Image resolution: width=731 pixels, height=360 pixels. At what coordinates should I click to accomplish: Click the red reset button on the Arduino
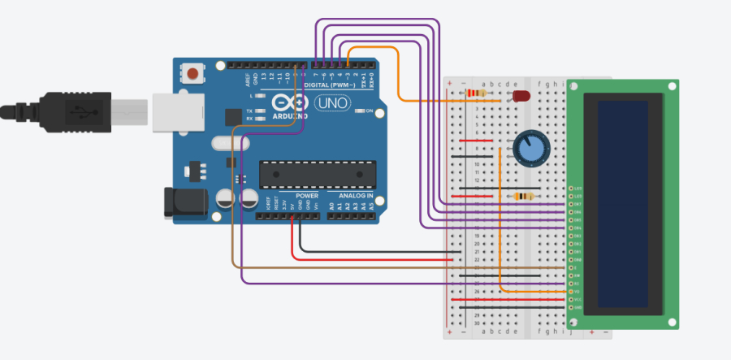coord(193,75)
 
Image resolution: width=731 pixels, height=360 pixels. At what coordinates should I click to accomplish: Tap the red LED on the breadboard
coord(521,97)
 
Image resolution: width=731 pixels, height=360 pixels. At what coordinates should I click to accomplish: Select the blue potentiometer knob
coord(528,149)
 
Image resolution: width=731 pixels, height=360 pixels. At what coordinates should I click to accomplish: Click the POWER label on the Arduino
coord(307,196)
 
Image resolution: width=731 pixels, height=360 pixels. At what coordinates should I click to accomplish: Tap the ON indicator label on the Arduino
coord(369,111)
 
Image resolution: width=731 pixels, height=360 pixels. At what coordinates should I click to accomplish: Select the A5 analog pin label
coord(372,207)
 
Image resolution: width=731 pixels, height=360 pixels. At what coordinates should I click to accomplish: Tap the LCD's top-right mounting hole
coord(672,86)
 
